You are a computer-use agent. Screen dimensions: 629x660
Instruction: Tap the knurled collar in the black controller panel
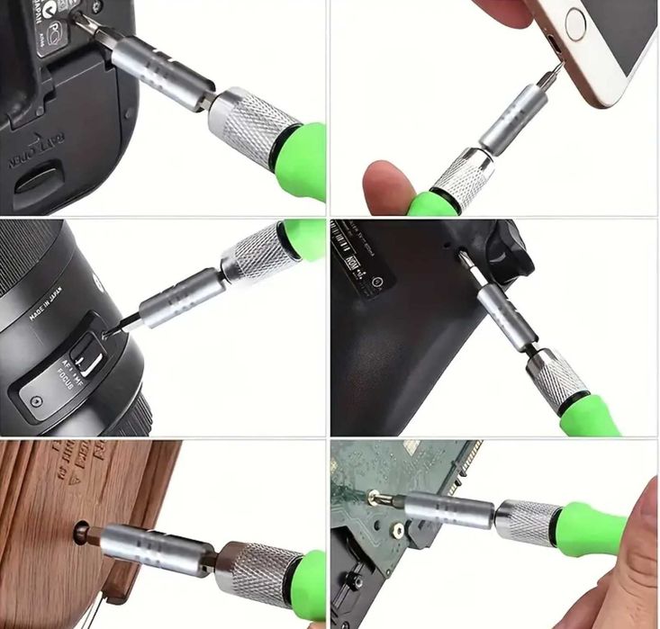[x=555, y=379]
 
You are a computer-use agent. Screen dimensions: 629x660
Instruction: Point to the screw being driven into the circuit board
[x=370, y=494]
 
